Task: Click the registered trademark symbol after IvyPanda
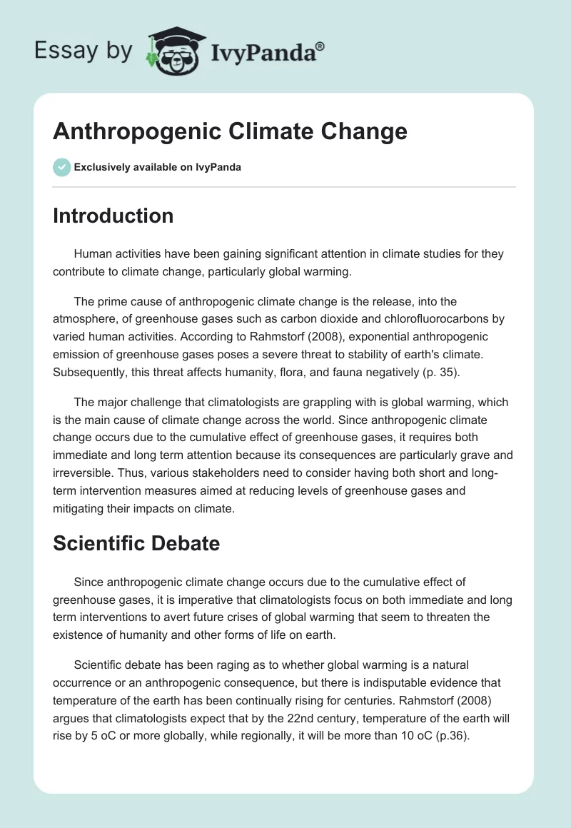pos(320,46)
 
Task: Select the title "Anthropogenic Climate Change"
pos(230,132)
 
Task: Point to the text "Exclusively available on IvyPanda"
pos(158,168)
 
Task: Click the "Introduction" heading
pos(113,216)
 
